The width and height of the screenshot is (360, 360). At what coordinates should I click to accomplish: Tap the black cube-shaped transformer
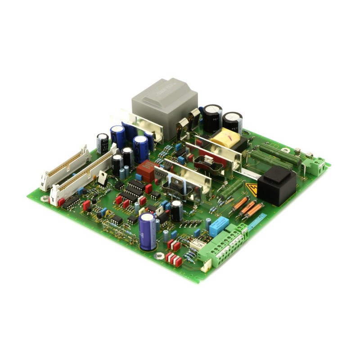[x=277, y=184]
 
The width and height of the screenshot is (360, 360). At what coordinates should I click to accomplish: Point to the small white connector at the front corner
[x=206, y=266]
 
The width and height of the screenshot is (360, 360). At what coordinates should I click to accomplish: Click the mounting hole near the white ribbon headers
[x=44, y=197]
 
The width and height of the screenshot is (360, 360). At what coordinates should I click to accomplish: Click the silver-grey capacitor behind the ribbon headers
[x=102, y=142]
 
